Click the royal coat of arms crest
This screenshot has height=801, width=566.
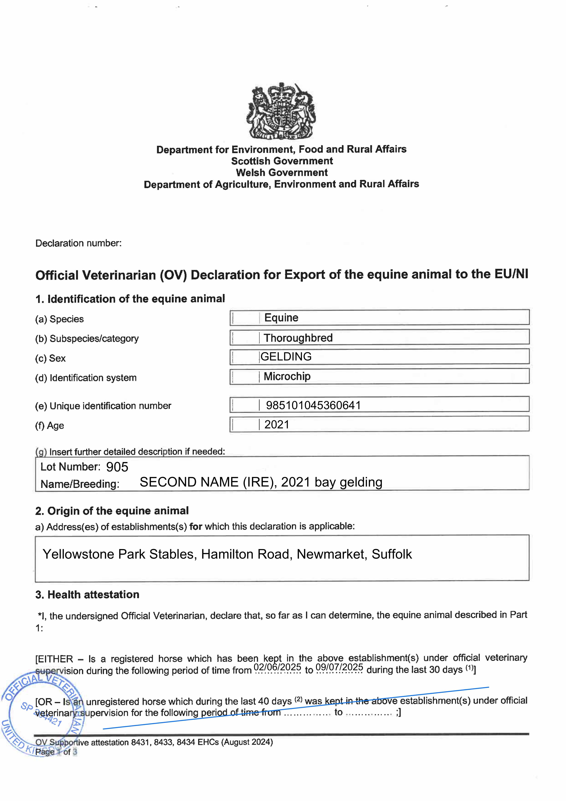[x=281, y=111]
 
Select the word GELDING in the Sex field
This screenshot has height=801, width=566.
[x=286, y=357]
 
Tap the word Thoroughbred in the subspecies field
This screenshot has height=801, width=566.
[x=298, y=338]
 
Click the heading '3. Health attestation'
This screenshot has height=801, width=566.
[x=87, y=595]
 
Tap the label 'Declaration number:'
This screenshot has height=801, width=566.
[x=78, y=243]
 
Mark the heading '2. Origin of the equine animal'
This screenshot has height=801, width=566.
[x=112, y=511]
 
